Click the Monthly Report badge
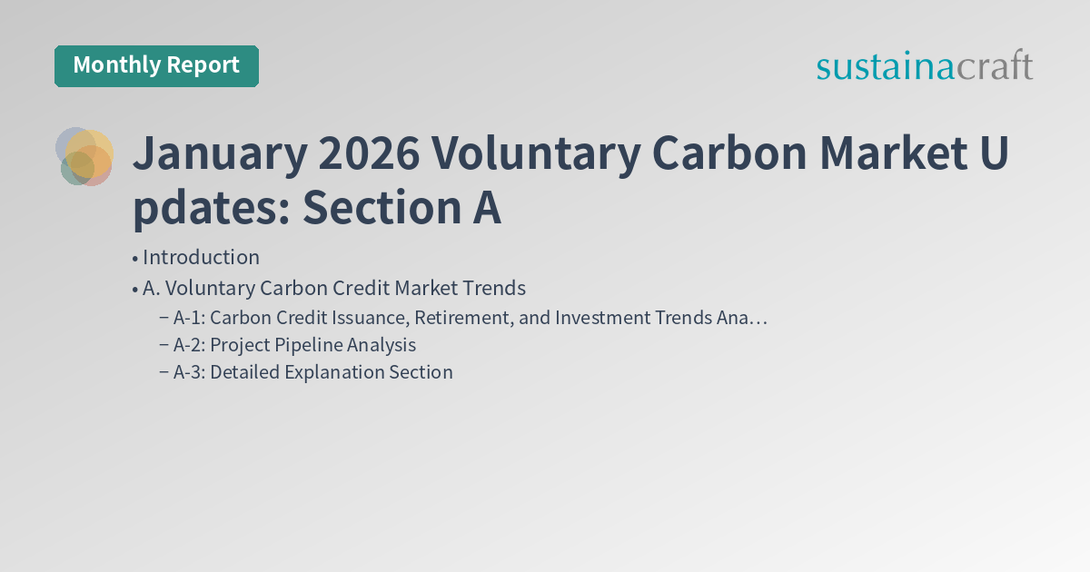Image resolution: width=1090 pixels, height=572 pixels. click(x=156, y=65)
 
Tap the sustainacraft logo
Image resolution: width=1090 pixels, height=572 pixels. click(x=924, y=66)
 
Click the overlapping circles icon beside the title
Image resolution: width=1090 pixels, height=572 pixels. click(x=84, y=157)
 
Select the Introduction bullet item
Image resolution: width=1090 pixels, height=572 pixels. click(x=201, y=257)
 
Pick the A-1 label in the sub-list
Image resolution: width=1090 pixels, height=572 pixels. click(x=188, y=318)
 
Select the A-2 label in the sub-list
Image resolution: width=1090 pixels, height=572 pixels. click(x=188, y=345)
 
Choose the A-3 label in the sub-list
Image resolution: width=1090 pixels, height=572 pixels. click(x=188, y=372)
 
